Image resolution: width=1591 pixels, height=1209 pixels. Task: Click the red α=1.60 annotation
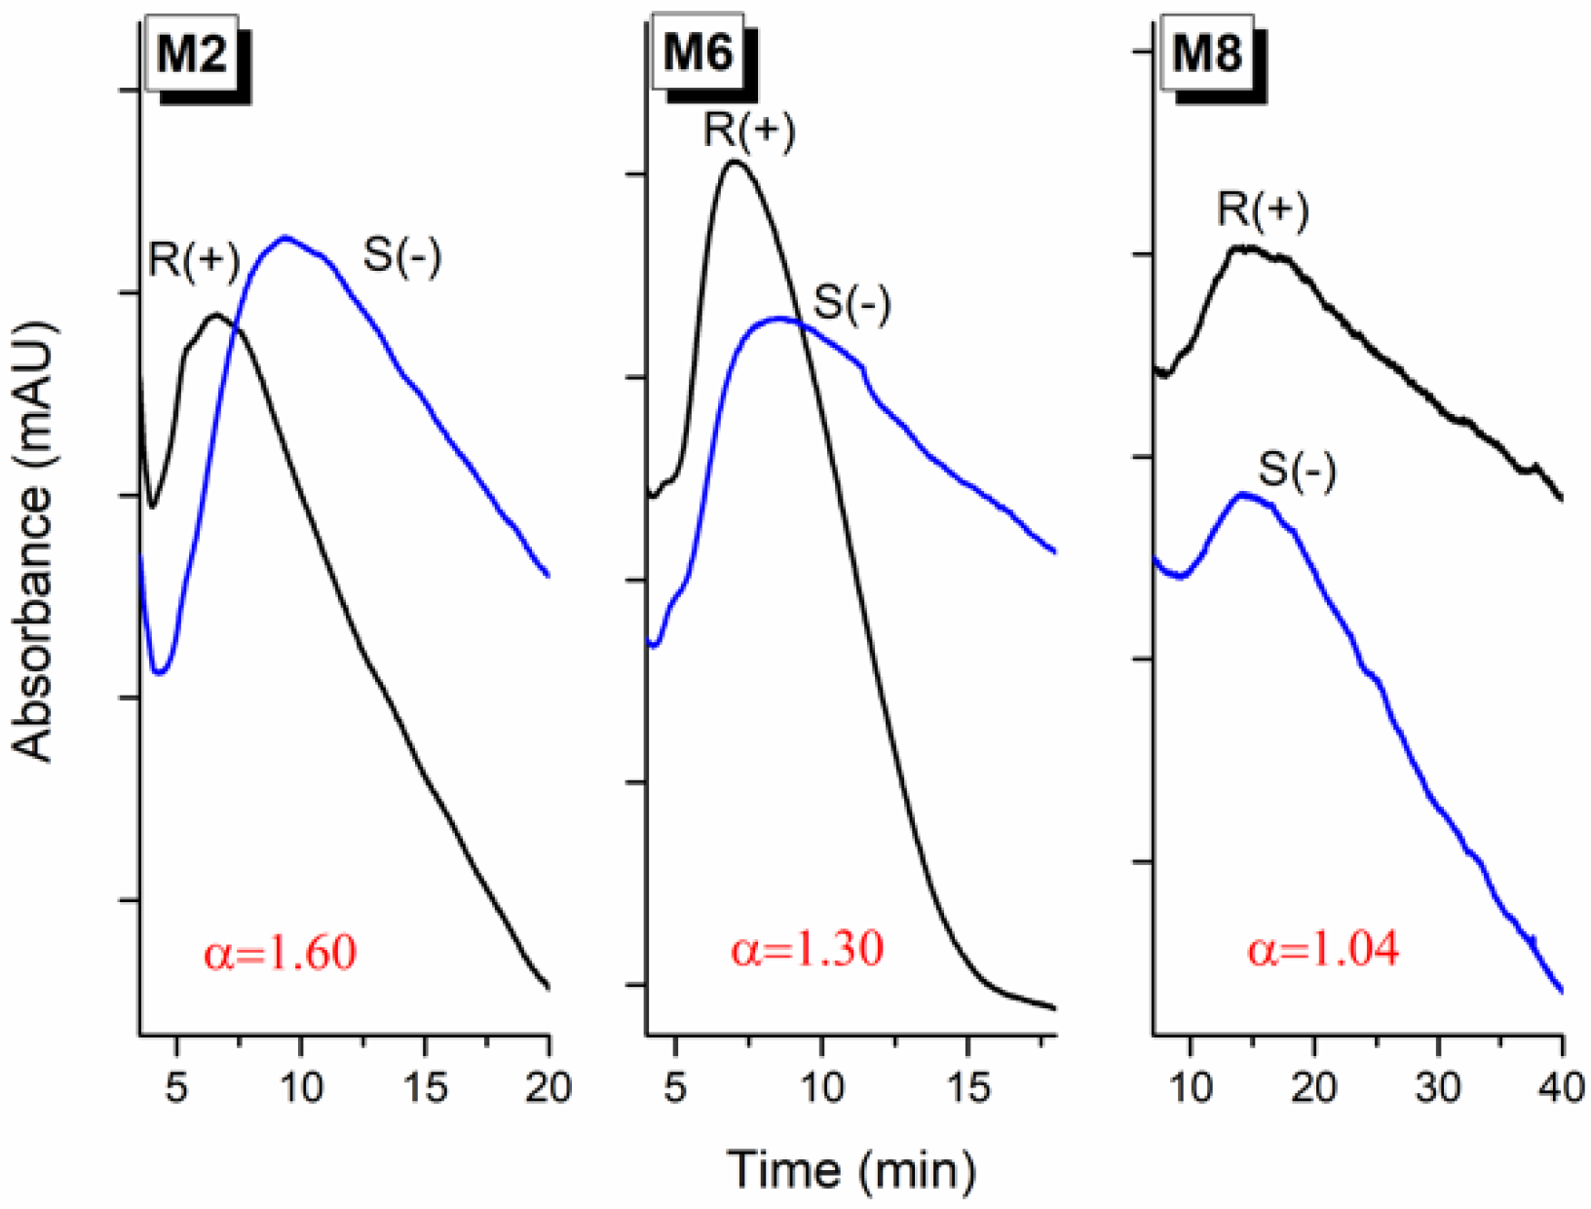(280, 952)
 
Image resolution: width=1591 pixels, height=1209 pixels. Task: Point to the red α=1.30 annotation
(807, 948)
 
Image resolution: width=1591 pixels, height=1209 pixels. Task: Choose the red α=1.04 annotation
(1323, 948)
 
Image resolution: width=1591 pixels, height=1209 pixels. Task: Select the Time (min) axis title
(851, 1168)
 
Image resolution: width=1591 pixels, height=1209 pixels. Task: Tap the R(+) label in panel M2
(194, 261)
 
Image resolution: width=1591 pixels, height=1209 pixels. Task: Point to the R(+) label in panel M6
(749, 131)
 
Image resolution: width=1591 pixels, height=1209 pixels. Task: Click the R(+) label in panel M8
(1263, 209)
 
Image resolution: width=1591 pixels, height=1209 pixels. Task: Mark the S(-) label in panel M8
(1297, 471)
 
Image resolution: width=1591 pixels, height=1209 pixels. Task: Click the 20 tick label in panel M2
(549, 1087)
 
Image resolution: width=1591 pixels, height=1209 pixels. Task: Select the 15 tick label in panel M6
(967, 1087)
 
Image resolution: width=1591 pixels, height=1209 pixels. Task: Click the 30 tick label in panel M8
(1438, 1087)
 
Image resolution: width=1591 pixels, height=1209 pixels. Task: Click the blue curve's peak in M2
(285, 237)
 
